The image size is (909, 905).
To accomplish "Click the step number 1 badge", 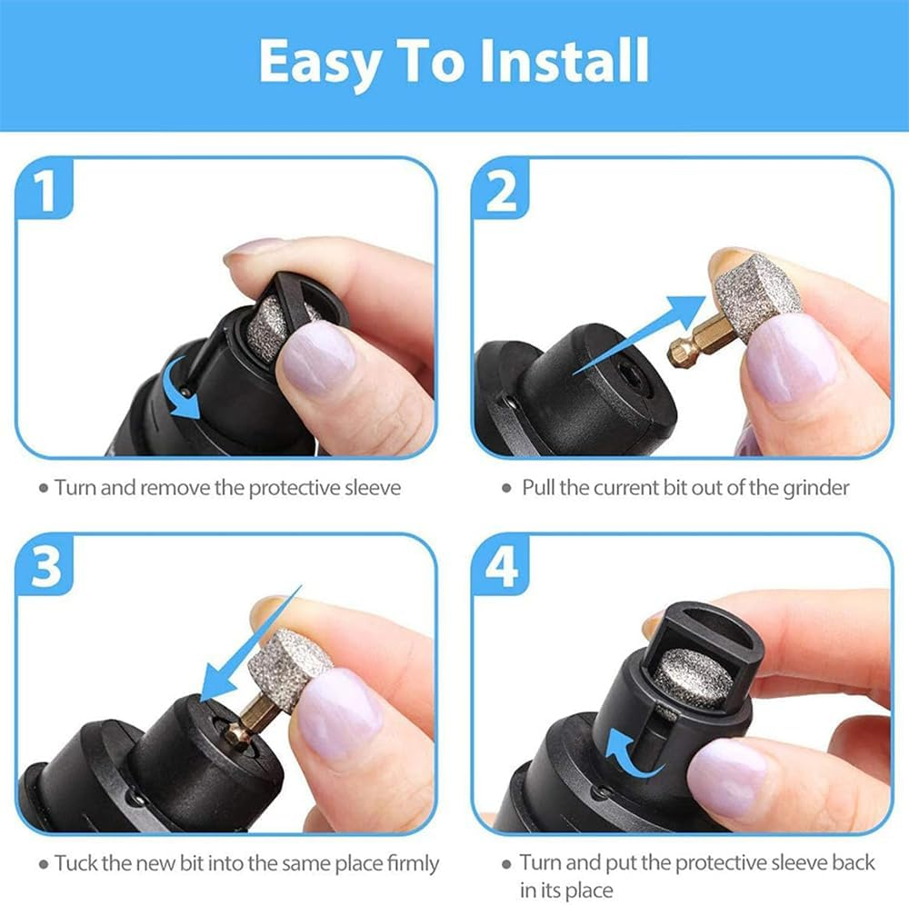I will pos(44,192).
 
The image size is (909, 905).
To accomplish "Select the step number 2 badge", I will pos(502,192).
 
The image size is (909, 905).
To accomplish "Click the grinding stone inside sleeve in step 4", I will pos(694,678).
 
